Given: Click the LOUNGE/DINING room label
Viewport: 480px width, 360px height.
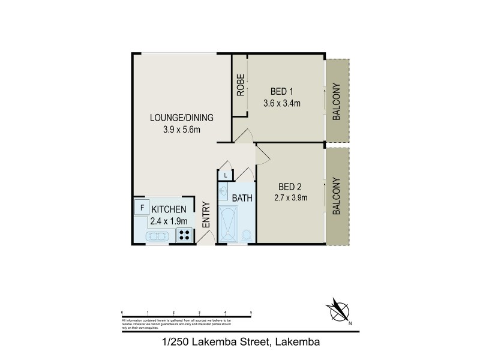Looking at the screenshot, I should [x=181, y=117].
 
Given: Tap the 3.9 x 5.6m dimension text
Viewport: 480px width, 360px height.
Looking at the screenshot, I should [x=181, y=128].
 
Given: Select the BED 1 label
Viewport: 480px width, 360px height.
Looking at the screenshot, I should [x=281, y=92].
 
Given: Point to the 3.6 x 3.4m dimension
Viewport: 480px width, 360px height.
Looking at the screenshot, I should [x=281, y=103].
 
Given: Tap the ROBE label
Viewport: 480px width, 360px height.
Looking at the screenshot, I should [x=240, y=86].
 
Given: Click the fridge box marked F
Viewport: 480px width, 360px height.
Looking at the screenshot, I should [x=142, y=208].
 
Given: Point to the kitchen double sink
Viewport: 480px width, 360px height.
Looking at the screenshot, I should [x=157, y=236].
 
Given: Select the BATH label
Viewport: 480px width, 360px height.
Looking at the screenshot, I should [x=242, y=198].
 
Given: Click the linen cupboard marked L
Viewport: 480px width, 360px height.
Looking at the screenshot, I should [x=225, y=175].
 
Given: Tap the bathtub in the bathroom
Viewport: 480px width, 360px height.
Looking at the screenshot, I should [x=229, y=224].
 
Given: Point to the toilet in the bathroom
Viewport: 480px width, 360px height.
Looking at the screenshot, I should [x=247, y=235].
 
